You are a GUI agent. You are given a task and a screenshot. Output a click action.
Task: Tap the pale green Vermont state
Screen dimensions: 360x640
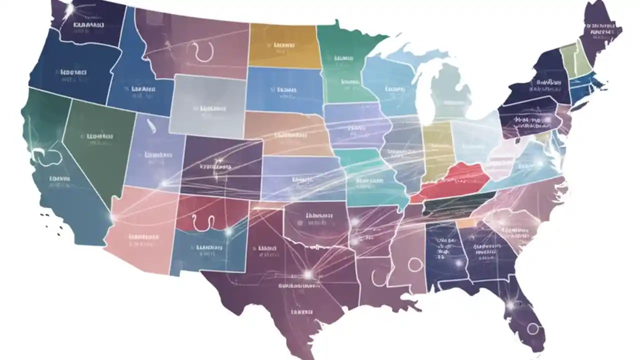tap(568, 57)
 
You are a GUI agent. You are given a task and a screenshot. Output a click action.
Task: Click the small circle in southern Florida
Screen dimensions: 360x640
tap(533, 328)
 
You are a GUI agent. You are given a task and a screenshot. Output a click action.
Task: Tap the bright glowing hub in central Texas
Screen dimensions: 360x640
tap(308, 274)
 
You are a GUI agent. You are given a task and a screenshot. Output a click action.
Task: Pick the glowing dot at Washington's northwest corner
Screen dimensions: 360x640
tap(69, 8)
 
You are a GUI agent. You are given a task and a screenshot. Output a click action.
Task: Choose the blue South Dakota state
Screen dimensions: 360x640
tap(284, 90)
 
